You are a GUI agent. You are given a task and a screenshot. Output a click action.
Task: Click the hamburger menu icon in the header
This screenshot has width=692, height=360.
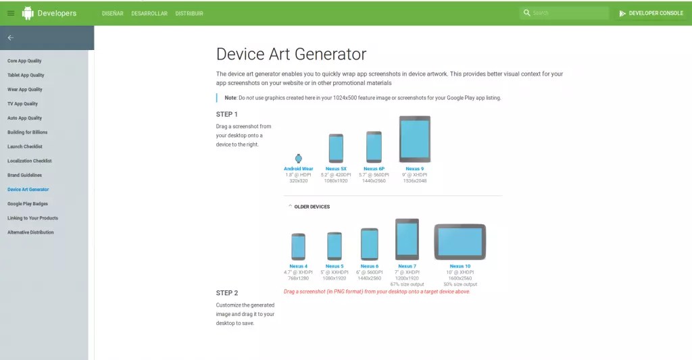tap(11, 14)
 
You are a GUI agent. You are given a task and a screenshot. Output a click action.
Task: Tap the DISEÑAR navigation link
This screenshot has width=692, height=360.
tap(112, 14)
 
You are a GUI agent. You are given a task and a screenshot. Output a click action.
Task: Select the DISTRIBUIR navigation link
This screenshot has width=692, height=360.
tap(189, 14)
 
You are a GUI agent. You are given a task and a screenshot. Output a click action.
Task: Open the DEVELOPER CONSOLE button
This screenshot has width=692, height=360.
tap(651, 13)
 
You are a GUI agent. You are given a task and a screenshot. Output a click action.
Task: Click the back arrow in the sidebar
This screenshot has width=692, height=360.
tap(10, 38)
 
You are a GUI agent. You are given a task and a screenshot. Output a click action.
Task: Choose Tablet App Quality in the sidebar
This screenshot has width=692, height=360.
tap(26, 75)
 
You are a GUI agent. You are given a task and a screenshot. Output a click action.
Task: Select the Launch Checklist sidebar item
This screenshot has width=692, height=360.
tap(25, 147)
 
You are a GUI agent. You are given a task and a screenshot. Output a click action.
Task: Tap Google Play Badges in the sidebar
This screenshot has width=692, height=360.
tap(28, 203)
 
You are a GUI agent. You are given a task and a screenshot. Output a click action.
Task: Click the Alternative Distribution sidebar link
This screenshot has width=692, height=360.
tap(30, 232)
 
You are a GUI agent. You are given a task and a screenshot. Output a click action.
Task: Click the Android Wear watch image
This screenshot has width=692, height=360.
tap(299, 158)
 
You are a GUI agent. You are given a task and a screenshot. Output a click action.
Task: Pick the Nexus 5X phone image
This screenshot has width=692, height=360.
tap(336, 147)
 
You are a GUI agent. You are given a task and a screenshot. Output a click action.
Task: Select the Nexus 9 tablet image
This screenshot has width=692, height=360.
tap(414, 139)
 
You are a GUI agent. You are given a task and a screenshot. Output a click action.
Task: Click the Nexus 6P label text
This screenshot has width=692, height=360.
tap(374, 169)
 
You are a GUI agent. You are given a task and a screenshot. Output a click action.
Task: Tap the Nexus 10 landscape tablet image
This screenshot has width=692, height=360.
tap(460, 241)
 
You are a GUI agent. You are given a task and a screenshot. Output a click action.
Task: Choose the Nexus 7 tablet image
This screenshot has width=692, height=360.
tap(407, 239)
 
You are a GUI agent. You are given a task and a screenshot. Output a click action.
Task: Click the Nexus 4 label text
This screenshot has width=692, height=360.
tap(298, 266)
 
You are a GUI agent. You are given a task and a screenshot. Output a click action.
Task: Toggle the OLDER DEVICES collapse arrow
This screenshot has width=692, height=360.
tap(290, 206)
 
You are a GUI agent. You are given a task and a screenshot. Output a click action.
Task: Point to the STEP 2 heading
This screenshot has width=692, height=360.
tap(227, 293)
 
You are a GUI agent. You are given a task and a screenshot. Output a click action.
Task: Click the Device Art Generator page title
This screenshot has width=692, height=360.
tap(291, 54)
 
